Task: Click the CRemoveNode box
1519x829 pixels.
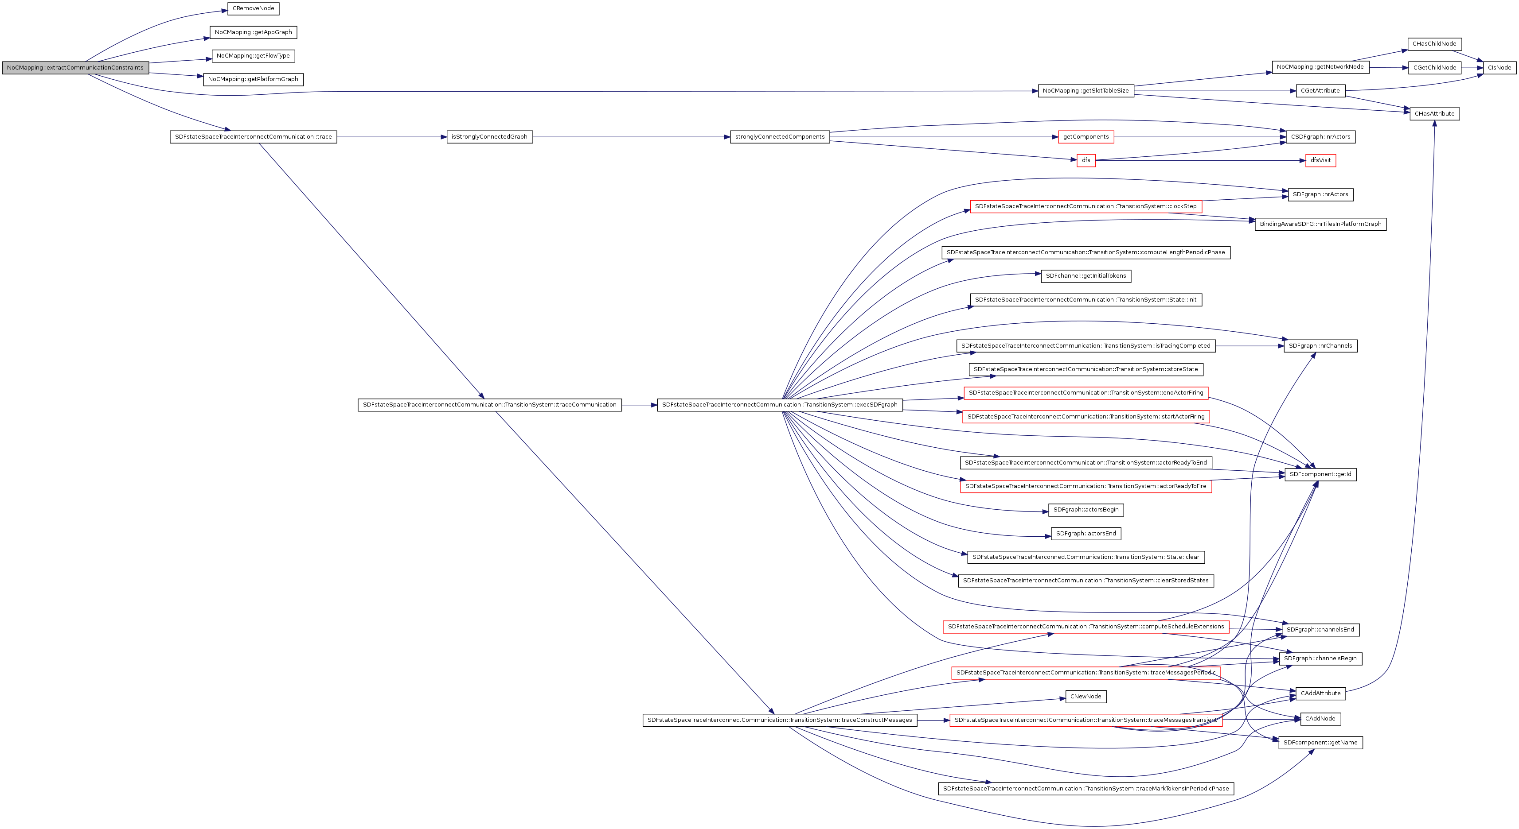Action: coord(253,9)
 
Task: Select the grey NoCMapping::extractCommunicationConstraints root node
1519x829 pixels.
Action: coord(75,68)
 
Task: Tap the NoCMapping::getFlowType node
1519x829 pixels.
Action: coord(253,56)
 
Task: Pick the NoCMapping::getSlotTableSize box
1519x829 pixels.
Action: coord(1086,91)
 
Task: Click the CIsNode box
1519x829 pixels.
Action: coord(1499,68)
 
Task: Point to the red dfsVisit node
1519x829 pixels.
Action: coord(1320,160)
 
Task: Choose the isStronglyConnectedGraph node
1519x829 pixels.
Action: coord(489,137)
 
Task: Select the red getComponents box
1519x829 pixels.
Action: coord(1086,137)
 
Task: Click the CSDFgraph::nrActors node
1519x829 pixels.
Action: coord(1320,137)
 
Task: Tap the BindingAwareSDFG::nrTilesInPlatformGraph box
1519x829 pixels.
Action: coord(1320,224)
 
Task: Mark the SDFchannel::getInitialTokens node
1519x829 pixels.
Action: coord(1086,276)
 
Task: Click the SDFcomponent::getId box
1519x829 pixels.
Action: coord(1320,474)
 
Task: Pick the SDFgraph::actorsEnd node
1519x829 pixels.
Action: coord(1086,534)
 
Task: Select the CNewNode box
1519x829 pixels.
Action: coord(1086,697)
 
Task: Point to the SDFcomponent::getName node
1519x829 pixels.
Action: coord(1320,742)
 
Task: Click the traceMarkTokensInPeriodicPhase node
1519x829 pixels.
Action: coord(1086,788)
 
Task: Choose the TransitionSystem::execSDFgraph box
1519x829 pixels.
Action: coord(780,405)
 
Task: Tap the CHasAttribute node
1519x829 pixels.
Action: coord(1434,114)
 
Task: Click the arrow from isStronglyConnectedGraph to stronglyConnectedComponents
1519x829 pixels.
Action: coord(631,137)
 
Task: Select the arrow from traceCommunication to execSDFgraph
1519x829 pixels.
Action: coord(639,405)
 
